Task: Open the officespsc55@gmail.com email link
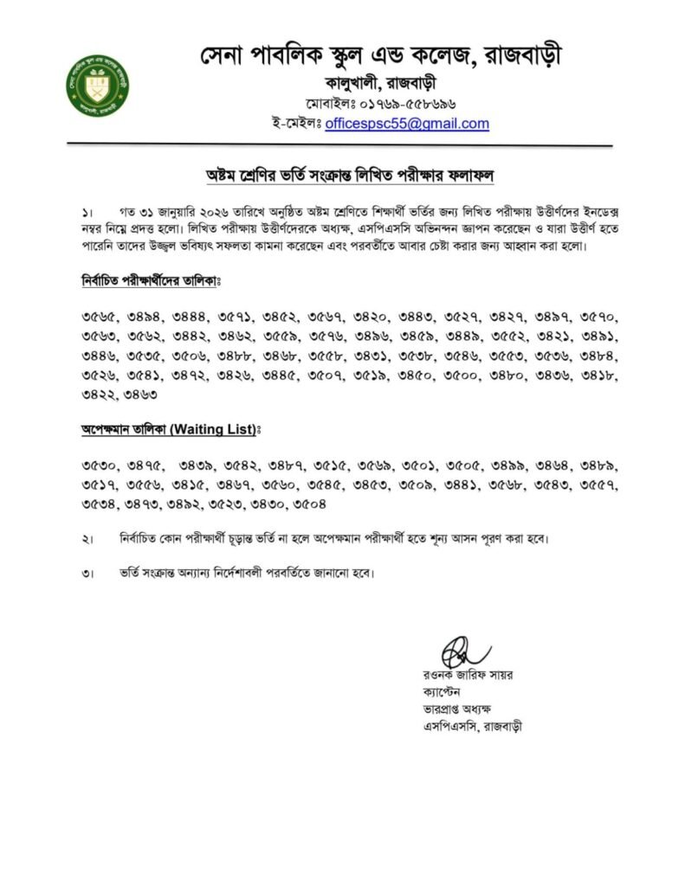tap(407, 124)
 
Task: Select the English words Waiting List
tap(204, 430)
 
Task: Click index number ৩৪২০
tap(371, 318)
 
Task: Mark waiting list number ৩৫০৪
tap(309, 504)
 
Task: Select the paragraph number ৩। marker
tap(88, 574)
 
